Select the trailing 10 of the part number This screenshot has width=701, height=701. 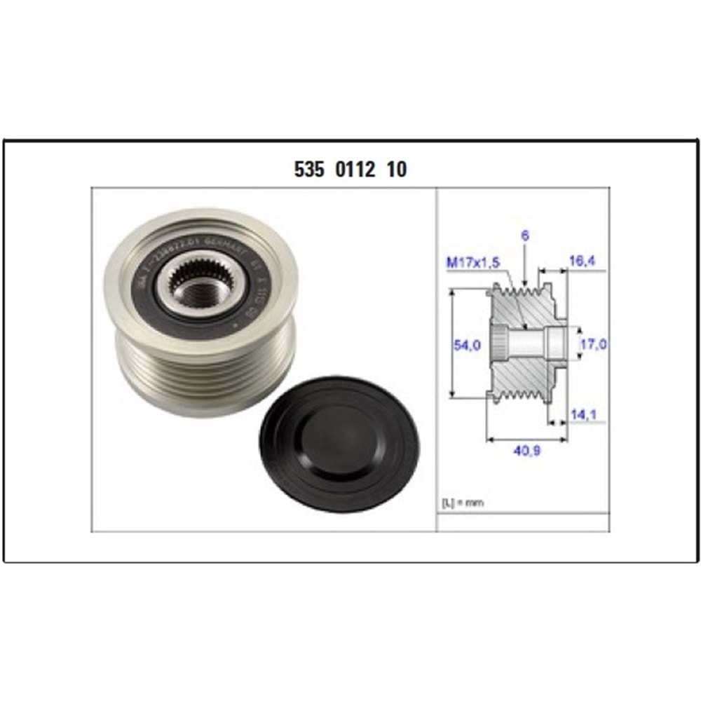[x=396, y=170]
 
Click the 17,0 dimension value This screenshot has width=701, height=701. [x=594, y=344]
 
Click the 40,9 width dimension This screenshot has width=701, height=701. [x=526, y=452]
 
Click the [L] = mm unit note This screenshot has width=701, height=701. [x=463, y=503]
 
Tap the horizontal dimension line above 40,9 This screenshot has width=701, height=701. [x=526, y=440]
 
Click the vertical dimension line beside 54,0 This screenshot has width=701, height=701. [x=454, y=345]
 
